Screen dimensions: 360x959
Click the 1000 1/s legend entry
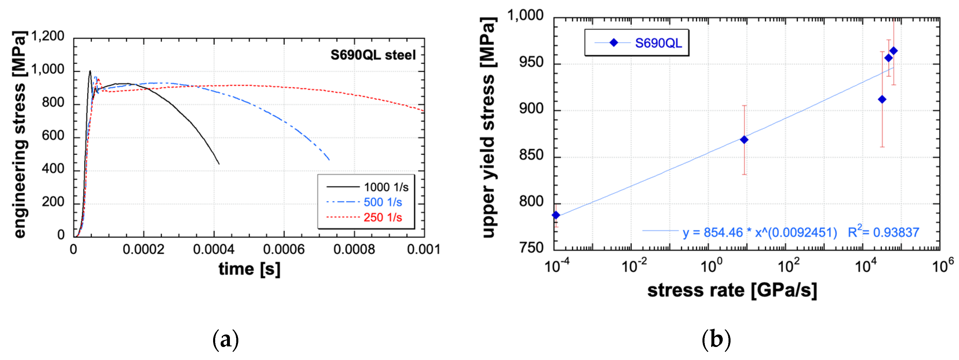pyautogui.click(x=386, y=187)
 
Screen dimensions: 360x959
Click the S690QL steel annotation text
pyautogui.click(x=373, y=55)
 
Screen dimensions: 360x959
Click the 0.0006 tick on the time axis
pyautogui.click(x=284, y=249)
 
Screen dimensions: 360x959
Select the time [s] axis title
pyautogui.click(x=249, y=269)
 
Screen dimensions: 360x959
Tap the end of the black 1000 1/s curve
pyautogui.click(x=219, y=164)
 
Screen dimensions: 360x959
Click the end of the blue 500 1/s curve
pyautogui.click(x=329, y=160)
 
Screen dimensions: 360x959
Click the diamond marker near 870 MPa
pyautogui.click(x=744, y=140)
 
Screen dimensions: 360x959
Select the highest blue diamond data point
pyautogui.click(x=894, y=51)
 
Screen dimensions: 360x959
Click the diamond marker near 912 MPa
pyautogui.click(x=882, y=99)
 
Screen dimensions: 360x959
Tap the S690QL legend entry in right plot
pyautogui.click(x=658, y=43)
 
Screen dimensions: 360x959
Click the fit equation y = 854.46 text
pyautogui.click(x=759, y=233)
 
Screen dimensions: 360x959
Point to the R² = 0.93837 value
pyautogui.click(x=883, y=232)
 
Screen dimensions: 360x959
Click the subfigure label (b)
pyautogui.click(x=716, y=339)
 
